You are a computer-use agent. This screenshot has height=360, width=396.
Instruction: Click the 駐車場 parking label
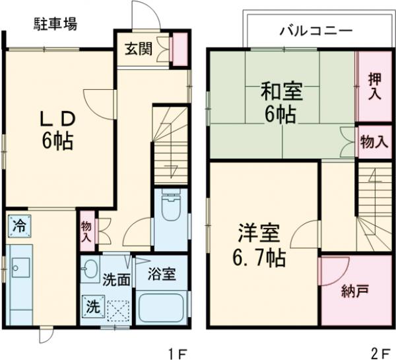(55, 25)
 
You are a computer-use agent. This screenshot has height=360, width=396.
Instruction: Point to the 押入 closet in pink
(374, 86)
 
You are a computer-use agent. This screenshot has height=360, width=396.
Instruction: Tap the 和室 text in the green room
(271, 89)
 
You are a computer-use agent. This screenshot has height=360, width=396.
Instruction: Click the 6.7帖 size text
(261, 258)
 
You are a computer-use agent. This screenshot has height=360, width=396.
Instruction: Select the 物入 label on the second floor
(374, 143)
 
